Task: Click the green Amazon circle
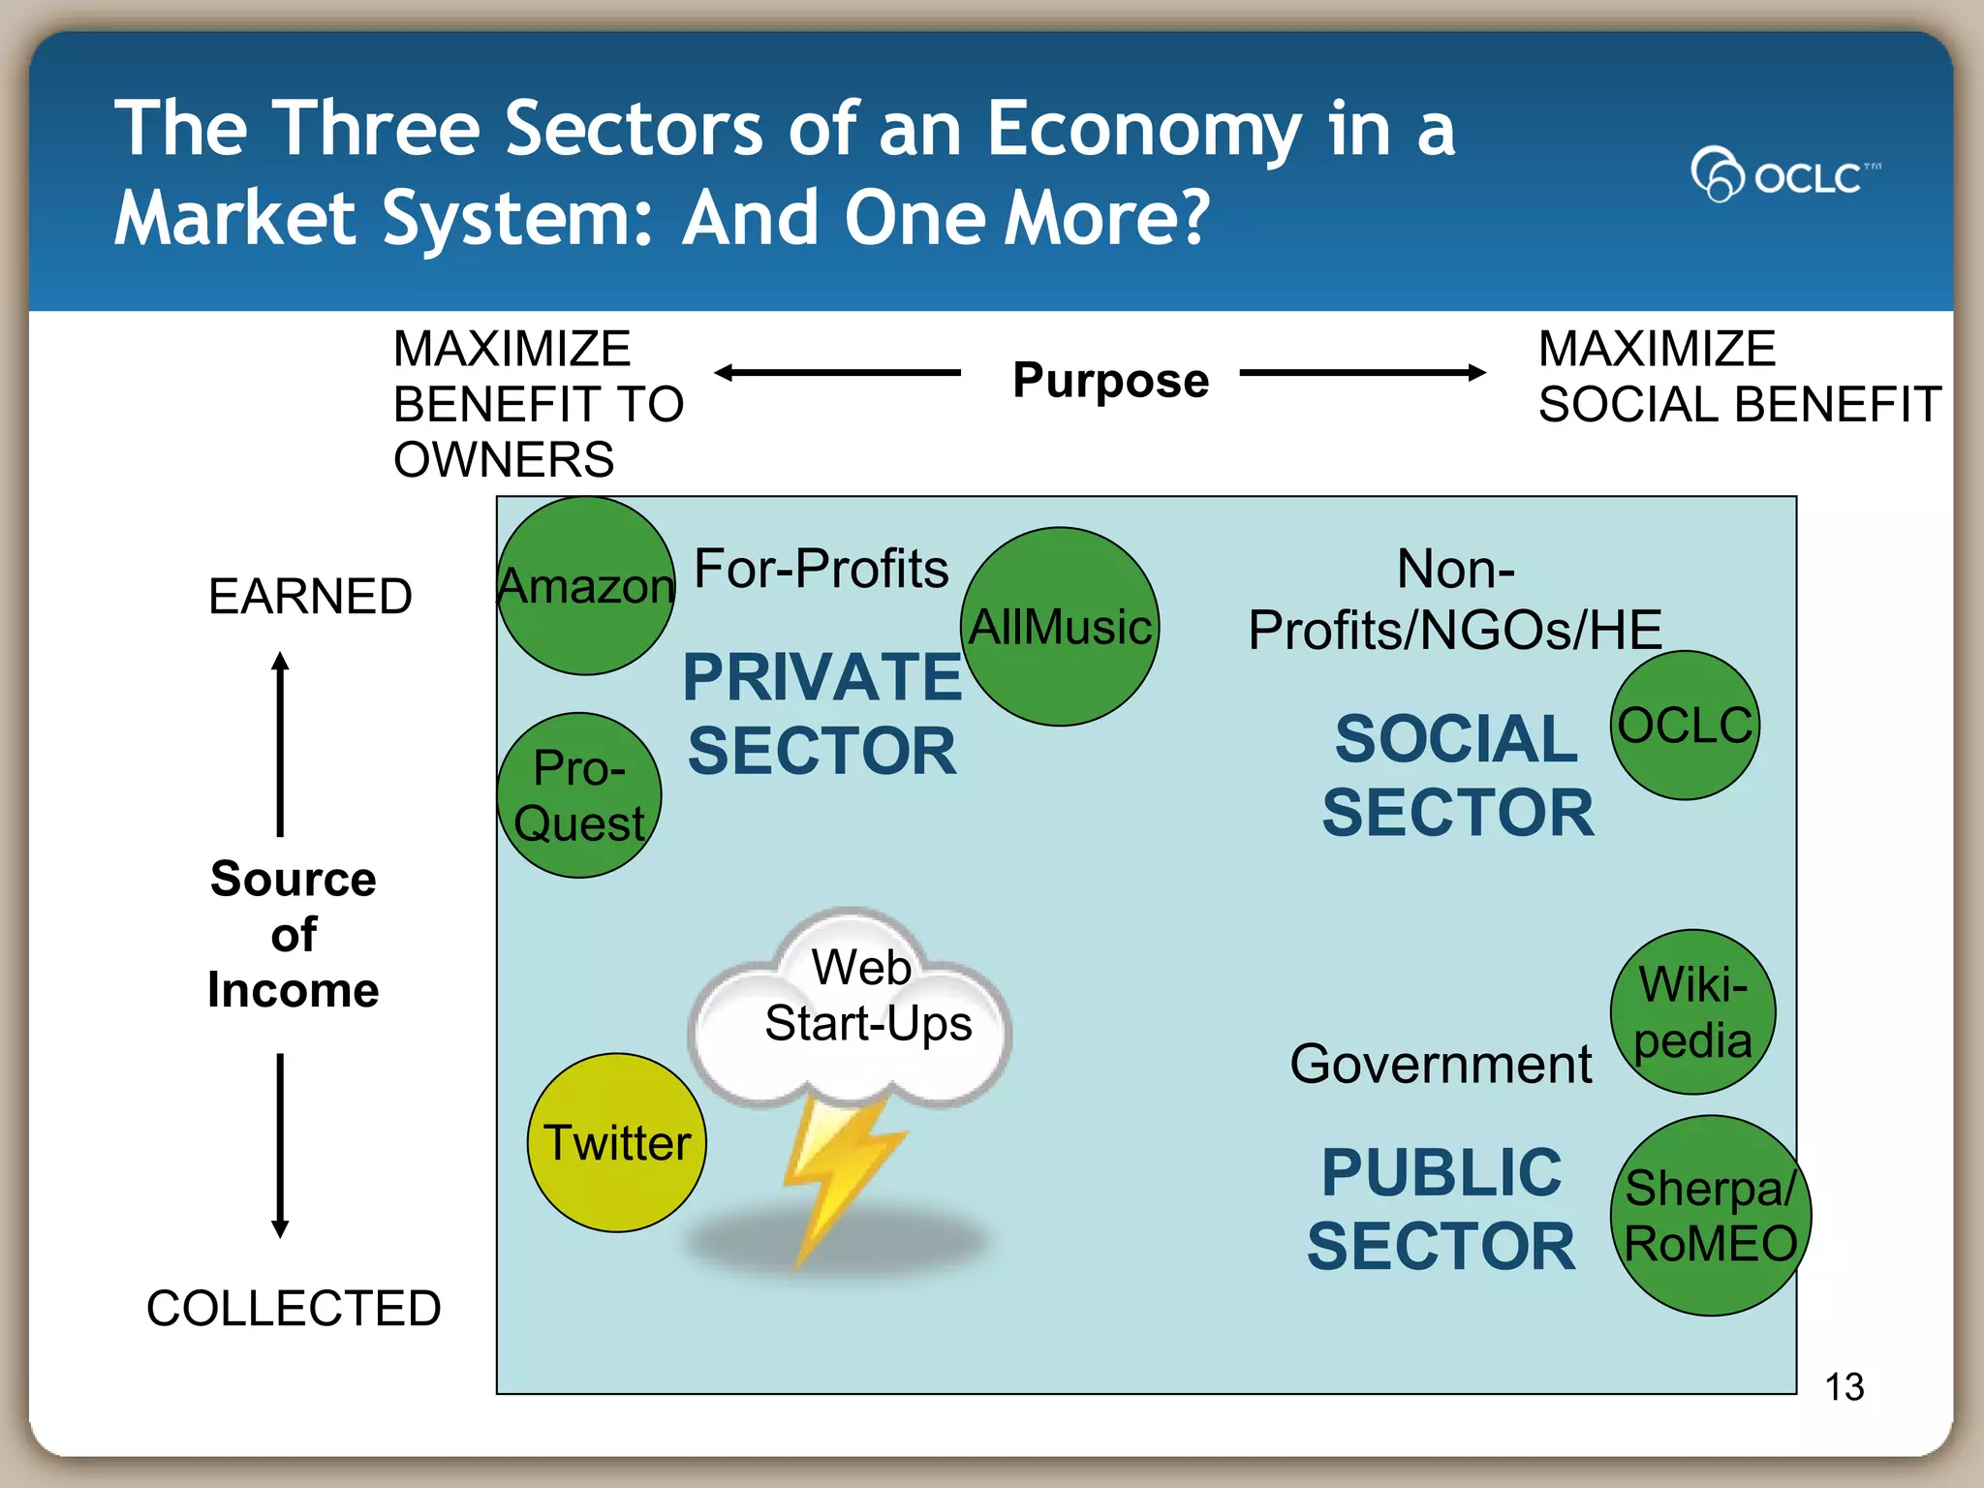tap(586, 586)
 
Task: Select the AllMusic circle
tap(1061, 627)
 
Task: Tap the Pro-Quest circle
tap(579, 795)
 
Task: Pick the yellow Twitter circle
tap(617, 1143)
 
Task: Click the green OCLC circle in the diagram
tap(1686, 726)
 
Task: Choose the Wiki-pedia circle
tap(1692, 1012)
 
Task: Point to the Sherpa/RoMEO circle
tap(1710, 1216)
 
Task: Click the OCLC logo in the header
tap(1784, 175)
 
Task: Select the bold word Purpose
tap(1110, 380)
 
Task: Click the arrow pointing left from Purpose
tap(837, 372)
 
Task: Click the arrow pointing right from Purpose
tap(1362, 372)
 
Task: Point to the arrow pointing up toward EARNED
tap(280, 743)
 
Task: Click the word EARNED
tap(310, 596)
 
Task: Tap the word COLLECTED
tap(294, 1308)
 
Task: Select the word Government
tap(1441, 1064)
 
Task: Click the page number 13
tap(1844, 1386)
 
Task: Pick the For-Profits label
tap(821, 569)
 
